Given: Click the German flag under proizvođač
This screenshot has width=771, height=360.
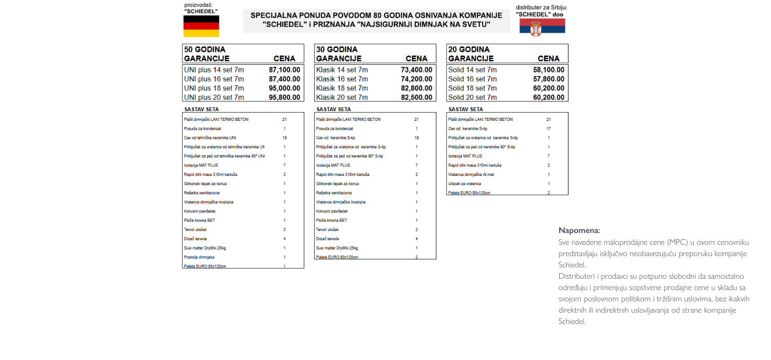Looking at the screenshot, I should tap(201, 26).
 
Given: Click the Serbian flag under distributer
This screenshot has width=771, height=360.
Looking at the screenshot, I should tap(542, 26).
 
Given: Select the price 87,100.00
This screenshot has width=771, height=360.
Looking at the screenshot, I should tap(284, 70).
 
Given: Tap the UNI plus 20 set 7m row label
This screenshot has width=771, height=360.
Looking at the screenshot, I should tap(214, 97).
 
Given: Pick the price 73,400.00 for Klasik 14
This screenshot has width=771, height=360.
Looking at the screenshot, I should tap(416, 70).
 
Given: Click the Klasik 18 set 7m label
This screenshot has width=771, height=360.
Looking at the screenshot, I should tap(342, 88).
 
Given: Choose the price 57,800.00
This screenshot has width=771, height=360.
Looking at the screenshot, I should tap(548, 79).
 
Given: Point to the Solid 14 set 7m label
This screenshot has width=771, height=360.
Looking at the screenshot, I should tap(472, 70).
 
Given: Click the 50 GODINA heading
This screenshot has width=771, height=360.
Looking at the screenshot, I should tap(205, 49).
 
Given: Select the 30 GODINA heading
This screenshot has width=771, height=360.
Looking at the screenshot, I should tap(337, 49).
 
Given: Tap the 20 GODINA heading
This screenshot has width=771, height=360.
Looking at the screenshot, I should tap(469, 49).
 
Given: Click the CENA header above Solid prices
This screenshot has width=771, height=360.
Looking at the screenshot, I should tap(548, 59).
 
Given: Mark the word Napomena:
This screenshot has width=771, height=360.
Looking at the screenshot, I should tap(579, 230).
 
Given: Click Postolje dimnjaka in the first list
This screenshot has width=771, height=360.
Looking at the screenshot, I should tap(199, 257).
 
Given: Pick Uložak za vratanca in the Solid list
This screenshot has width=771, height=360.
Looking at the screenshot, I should tap(465, 184).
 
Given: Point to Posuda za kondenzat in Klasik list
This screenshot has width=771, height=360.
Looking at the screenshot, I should tap(335, 129).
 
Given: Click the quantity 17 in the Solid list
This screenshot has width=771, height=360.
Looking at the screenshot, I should tap(548, 129).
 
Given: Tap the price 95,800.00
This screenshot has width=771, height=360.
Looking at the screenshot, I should tap(284, 97).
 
